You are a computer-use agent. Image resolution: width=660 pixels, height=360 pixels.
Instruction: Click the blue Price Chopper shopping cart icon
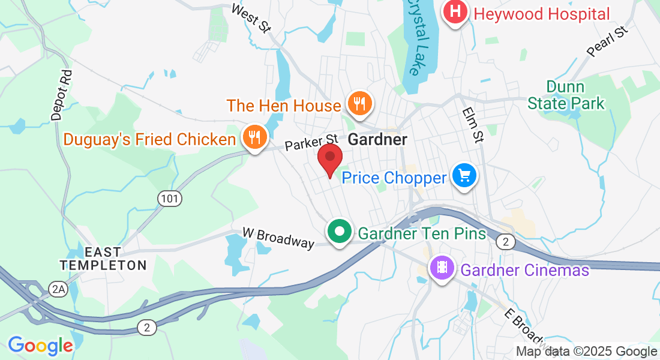click(x=464, y=176)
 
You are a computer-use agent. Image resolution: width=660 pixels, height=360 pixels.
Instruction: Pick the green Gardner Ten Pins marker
click(x=339, y=232)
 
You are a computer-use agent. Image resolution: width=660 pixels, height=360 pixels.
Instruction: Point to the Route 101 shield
click(x=170, y=197)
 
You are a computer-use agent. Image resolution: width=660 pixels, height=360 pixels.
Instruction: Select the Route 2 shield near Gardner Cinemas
click(x=505, y=241)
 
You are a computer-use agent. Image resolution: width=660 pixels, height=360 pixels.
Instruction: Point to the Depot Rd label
click(x=62, y=95)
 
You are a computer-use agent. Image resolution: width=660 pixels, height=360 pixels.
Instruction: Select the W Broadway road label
click(x=278, y=237)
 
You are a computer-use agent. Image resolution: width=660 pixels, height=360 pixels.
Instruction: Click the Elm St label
click(x=473, y=125)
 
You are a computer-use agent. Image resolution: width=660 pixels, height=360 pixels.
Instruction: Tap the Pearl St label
click(x=607, y=41)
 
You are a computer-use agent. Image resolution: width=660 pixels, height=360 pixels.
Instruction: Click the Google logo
click(x=40, y=346)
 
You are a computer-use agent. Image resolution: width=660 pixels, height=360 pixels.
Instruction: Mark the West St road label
click(x=251, y=18)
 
